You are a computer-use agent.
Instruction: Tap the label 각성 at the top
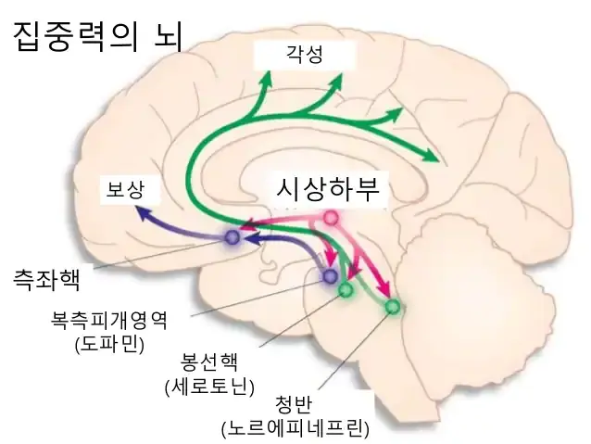tap(306, 55)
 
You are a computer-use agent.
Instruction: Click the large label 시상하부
tap(328, 188)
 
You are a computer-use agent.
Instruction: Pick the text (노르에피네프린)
tap(295, 428)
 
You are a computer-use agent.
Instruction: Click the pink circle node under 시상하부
tap(330, 219)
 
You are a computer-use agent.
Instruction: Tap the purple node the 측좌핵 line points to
tap(232, 238)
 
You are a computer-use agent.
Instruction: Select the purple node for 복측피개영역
tap(329, 276)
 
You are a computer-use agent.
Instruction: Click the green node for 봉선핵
tap(346, 290)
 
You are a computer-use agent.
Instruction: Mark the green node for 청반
tap(392, 306)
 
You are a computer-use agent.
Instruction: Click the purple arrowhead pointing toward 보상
tap(142, 212)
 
